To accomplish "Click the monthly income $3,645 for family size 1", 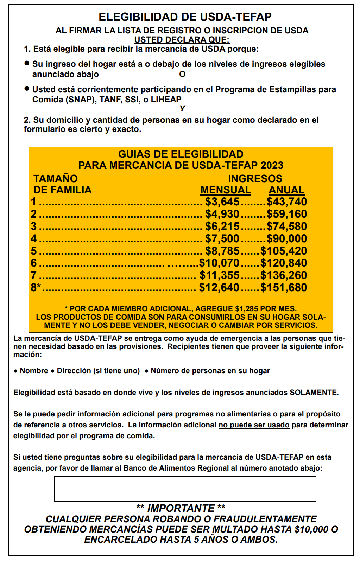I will pyautogui.click(x=222, y=202).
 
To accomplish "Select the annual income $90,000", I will pyautogui.click(x=286, y=239).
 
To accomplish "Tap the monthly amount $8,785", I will pyautogui.click(x=222, y=251).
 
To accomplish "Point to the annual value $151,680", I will pyautogui.click(x=283, y=288).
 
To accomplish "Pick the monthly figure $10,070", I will pyautogui.click(x=219, y=263).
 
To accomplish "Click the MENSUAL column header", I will pyautogui.click(x=226, y=190).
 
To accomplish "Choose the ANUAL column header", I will pyautogui.click(x=286, y=190).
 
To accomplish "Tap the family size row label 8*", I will pyautogui.click(x=36, y=288).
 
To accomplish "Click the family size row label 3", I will pyautogui.click(x=33, y=227).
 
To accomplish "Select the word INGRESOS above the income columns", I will pyautogui.click(x=255, y=179).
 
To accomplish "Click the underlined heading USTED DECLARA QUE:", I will pyautogui.click(x=182, y=40).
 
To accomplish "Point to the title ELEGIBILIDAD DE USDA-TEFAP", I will pyautogui.click(x=185, y=17).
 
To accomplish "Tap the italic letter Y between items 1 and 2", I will pyautogui.click(x=182, y=109).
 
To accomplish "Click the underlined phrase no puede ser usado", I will pyautogui.click(x=254, y=425).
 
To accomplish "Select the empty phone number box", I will pyautogui.click(x=185, y=489).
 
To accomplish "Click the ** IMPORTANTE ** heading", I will pyautogui.click(x=181, y=508).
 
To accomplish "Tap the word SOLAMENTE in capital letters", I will pyautogui.click(x=313, y=393).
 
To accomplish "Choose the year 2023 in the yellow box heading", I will pyautogui.click(x=272, y=165).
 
